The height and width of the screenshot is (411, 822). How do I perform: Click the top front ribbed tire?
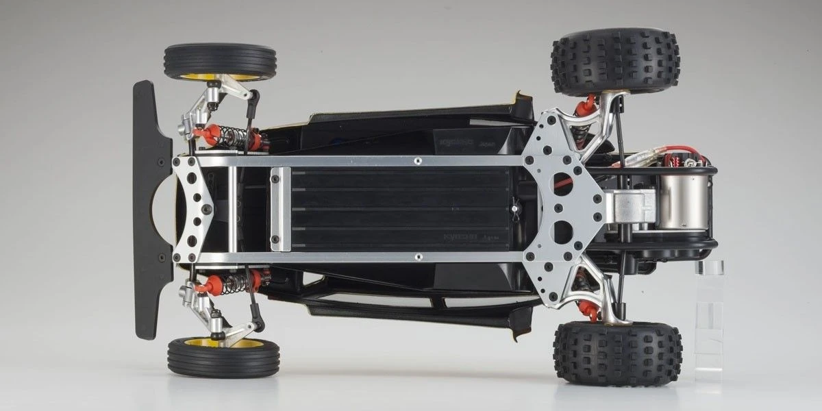[219, 60]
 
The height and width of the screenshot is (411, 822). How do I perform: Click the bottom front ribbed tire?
[223, 358]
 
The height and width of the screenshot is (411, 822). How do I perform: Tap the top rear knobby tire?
[614, 60]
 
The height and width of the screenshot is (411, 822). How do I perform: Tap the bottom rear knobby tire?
[616, 353]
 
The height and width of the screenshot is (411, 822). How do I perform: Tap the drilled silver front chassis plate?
[192, 209]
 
